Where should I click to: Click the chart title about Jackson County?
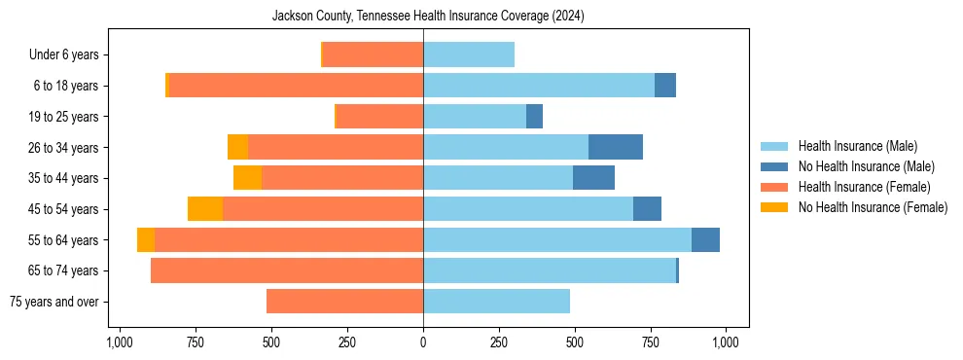click(x=428, y=16)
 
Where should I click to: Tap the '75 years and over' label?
click(x=53, y=302)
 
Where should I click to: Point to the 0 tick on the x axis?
click(x=423, y=342)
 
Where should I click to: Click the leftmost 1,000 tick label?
click(x=119, y=342)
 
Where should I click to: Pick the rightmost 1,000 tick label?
click(x=726, y=342)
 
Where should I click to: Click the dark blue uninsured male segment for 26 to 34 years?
click(x=616, y=147)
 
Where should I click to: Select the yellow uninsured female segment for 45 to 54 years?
click(x=205, y=209)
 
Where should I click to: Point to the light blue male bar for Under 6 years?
click(x=469, y=55)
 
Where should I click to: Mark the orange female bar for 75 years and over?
click(x=344, y=302)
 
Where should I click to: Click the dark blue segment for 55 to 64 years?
click(x=705, y=240)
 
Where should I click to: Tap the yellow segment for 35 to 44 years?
click(x=247, y=178)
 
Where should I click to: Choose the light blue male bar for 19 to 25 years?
click(x=475, y=117)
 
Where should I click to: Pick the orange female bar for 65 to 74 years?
click(x=287, y=270)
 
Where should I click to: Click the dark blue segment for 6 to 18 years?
click(x=665, y=86)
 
